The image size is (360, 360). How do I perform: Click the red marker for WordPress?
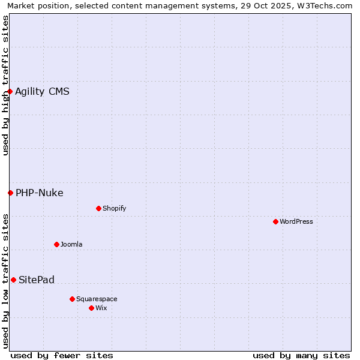click(275, 221)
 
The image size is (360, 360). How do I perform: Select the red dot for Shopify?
click(98, 208)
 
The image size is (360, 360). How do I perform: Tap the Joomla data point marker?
click(56, 244)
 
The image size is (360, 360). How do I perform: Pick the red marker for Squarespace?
click(72, 299)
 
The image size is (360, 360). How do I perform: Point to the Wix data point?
click(91, 308)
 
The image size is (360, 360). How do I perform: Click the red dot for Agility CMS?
click(10, 91)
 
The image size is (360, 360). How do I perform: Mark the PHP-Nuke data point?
click(10, 193)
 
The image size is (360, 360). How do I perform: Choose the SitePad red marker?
click(13, 280)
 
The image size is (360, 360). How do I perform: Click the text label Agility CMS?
click(42, 91)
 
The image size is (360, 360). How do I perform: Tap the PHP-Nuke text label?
click(40, 193)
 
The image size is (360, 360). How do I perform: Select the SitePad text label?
click(37, 280)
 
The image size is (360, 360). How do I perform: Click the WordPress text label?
click(296, 221)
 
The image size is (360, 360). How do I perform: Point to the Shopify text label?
click(115, 208)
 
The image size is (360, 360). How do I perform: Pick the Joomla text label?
click(71, 244)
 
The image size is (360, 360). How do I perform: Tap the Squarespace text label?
click(97, 299)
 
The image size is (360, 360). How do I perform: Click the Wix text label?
click(101, 308)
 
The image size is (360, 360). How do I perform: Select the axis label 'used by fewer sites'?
click(62, 355)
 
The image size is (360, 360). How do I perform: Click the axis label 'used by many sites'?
click(301, 355)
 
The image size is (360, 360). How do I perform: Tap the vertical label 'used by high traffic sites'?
click(6, 85)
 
